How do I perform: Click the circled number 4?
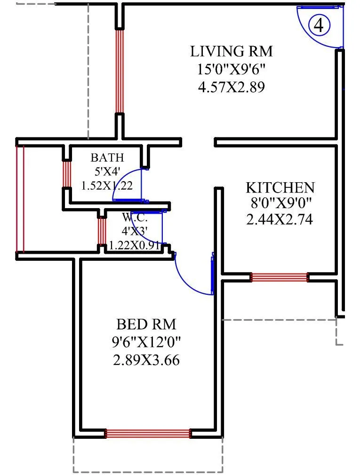pyautogui.click(x=319, y=25)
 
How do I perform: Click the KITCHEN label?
pyautogui.click(x=280, y=187)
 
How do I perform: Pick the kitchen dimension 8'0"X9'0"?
pyautogui.click(x=280, y=203)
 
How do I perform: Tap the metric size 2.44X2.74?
pyautogui.click(x=280, y=219)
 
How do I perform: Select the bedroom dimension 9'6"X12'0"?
pyautogui.click(x=146, y=342)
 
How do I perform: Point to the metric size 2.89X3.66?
pyautogui.click(x=146, y=360)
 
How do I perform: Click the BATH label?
pyautogui.click(x=107, y=157)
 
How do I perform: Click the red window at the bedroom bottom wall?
pyautogui.click(x=148, y=434)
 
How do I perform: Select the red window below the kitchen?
pyautogui.click(x=280, y=277)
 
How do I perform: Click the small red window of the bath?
pyautogui.click(x=67, y=174)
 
